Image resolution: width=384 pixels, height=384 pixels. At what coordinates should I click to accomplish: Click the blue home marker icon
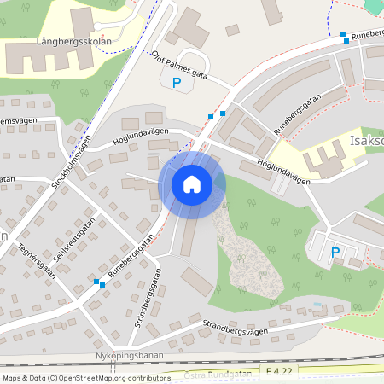tap(192, 184)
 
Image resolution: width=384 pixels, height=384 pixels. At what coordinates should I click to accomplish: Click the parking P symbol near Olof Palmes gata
tap(177, 83)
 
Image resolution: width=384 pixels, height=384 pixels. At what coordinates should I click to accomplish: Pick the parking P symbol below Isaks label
tap(335, 253)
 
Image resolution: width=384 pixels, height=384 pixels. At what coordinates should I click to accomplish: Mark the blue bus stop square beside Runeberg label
tap(344, 35)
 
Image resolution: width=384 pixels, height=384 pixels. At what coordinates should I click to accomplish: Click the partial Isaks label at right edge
tap(367, 141)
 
